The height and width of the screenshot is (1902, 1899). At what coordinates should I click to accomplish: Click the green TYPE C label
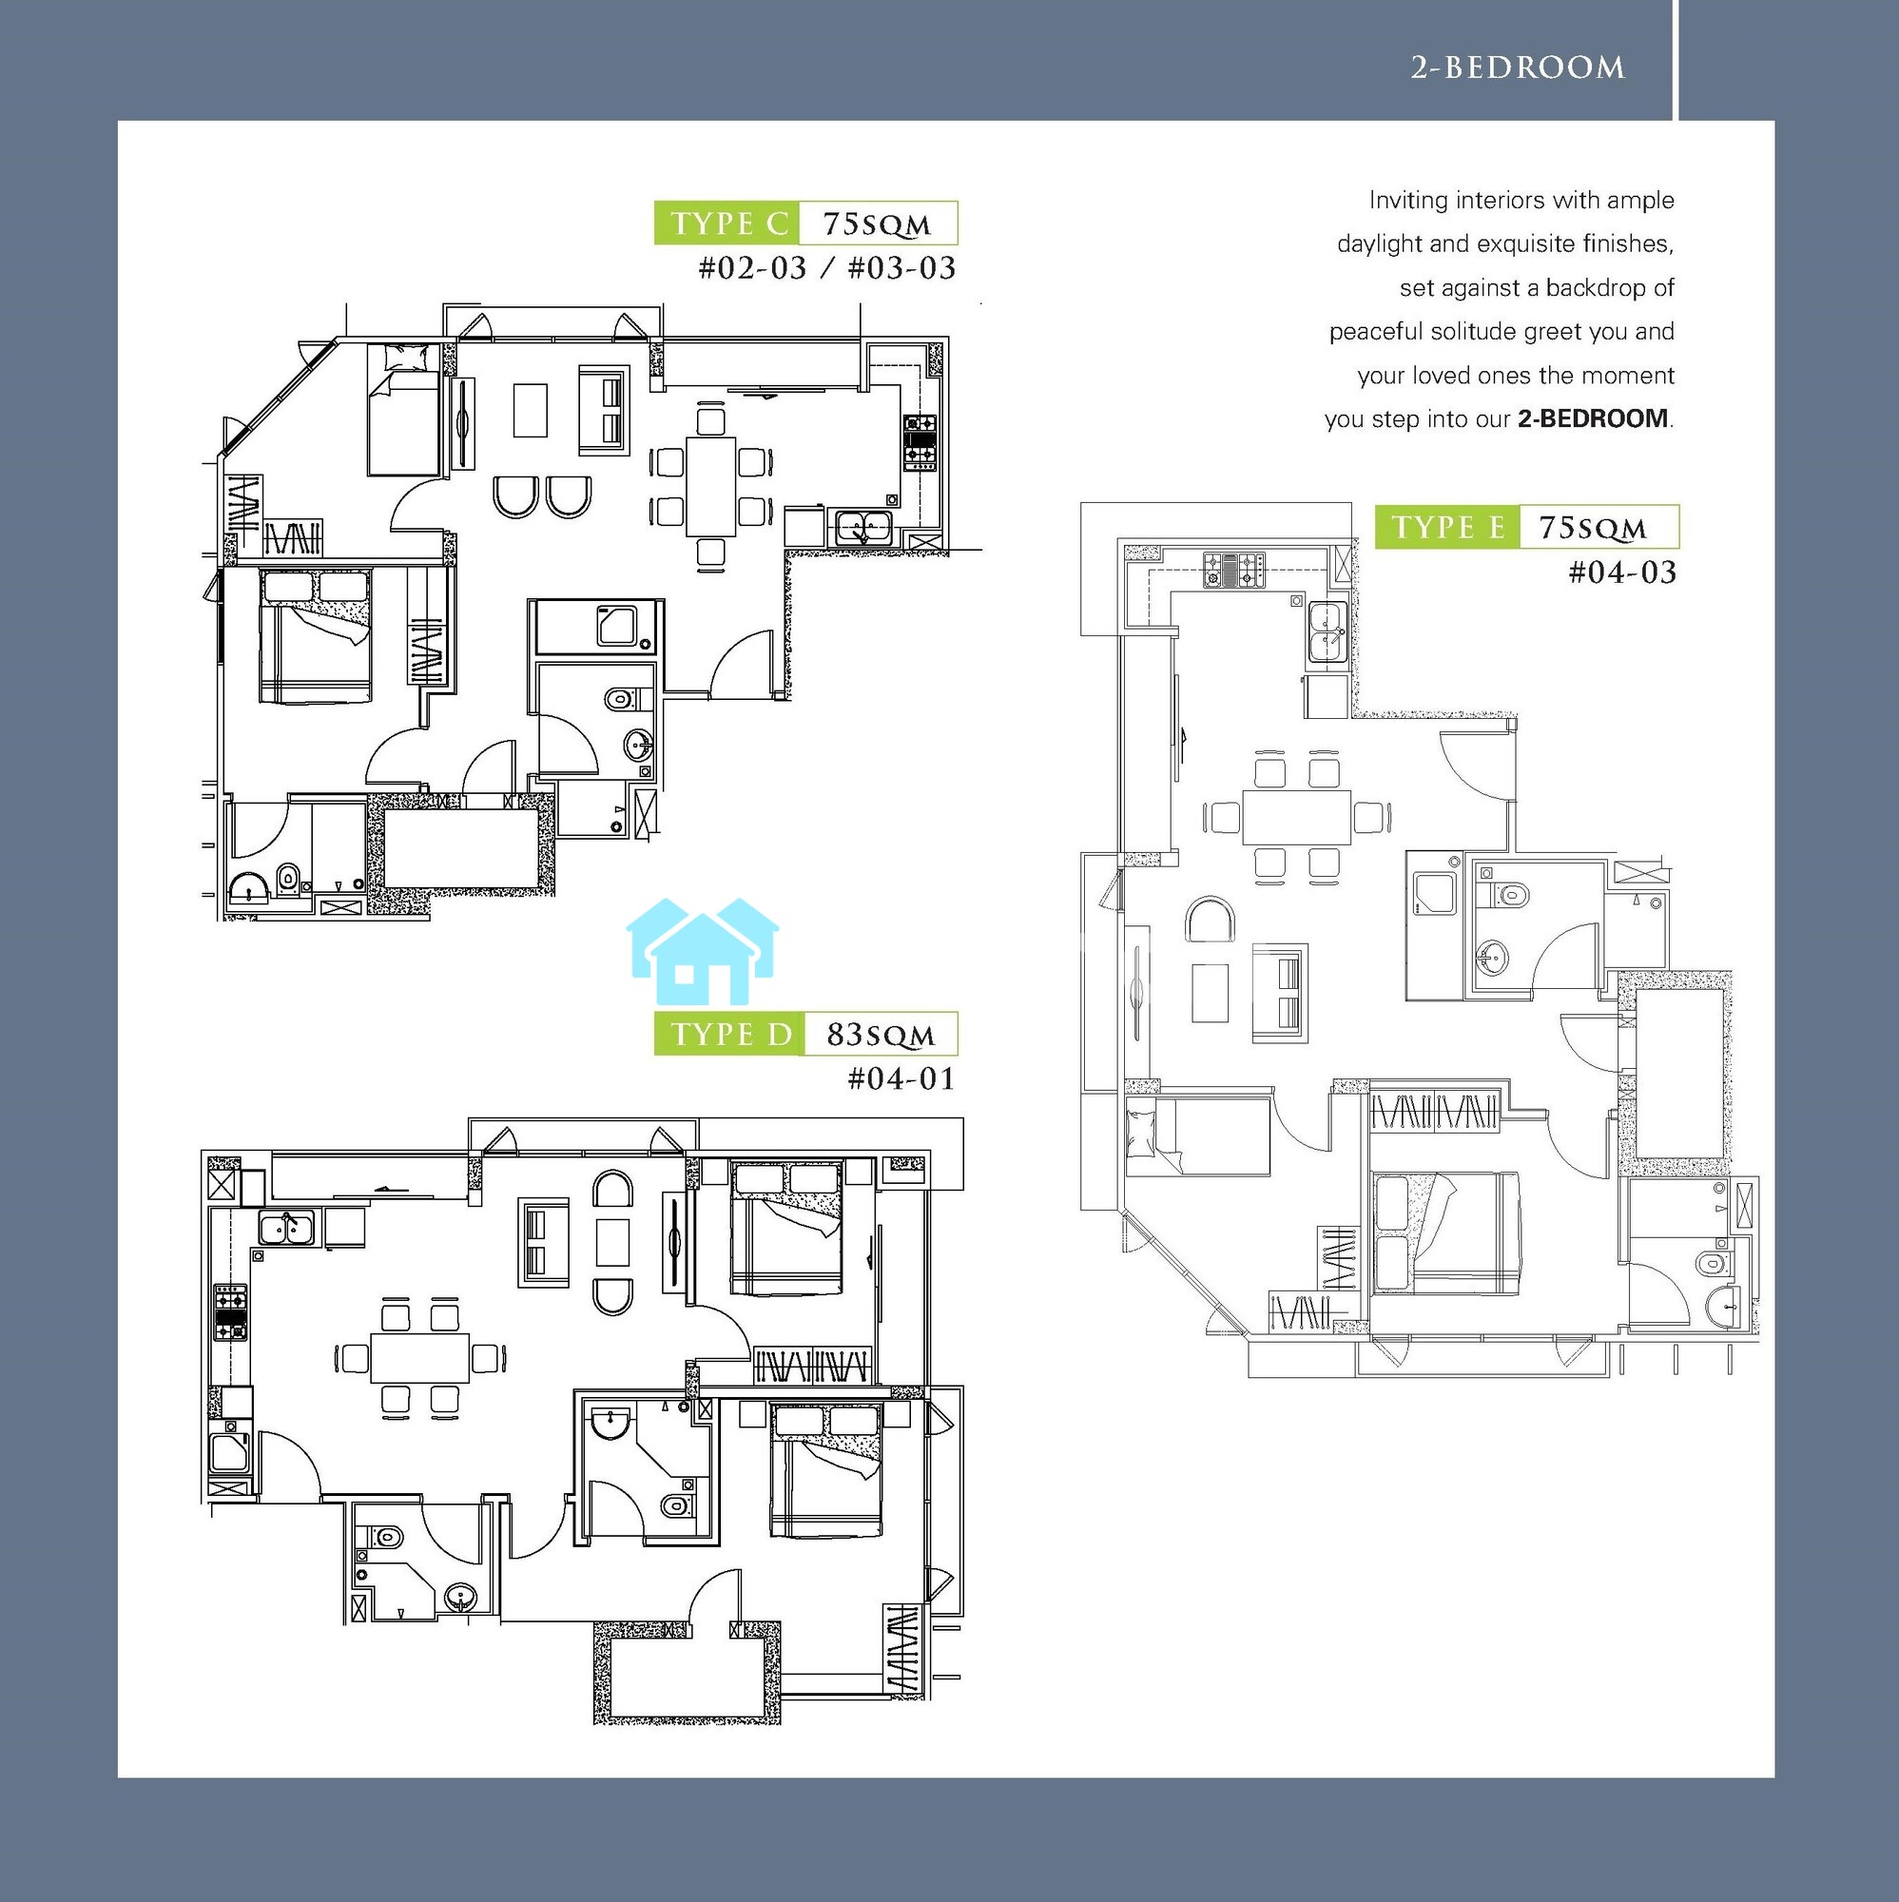(x=727, y=223)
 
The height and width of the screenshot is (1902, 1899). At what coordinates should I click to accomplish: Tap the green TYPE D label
(x=729, y=1034)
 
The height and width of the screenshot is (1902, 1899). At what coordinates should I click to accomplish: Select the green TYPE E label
(x=1447, y=528)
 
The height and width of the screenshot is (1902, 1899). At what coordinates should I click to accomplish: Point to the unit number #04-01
(x=901, y=1079)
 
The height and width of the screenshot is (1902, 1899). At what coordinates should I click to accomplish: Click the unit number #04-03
(x=1622, y=572)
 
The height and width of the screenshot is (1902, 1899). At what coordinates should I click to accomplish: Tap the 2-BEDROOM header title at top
(x=1518, y=67)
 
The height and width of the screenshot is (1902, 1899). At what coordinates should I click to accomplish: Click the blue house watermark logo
(x=703, y=951)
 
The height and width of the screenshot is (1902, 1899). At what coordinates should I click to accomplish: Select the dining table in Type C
(x=710, y=486)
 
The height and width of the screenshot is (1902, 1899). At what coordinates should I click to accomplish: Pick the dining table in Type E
(x=1296, y=816)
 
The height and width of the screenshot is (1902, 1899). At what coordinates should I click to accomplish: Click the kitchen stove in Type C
(x=920, y=443)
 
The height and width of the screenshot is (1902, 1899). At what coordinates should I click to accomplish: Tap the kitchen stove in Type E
(x=1233, y=570)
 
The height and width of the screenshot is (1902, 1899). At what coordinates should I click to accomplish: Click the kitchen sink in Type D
(x=287, y=1229)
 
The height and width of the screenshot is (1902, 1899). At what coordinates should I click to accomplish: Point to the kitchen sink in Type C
(x=863, y=527)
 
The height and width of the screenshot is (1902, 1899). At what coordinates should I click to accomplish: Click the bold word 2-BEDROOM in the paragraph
(x=1592, y=419)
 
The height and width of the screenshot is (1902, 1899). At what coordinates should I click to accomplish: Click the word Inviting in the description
(x=1408, y=201)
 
